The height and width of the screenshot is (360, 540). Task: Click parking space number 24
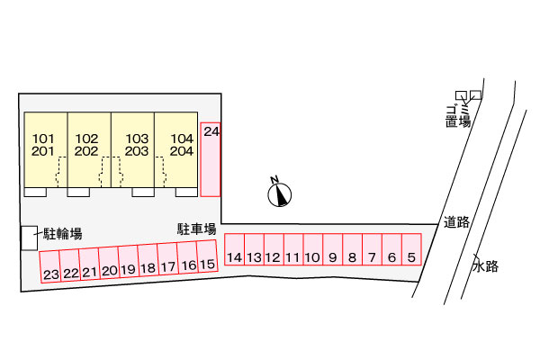[x=210, y=159]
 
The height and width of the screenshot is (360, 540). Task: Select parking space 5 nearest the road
[x=411, y=249]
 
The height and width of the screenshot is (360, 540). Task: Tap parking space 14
[x=235, y=249]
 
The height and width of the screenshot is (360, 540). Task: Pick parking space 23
[x=50, y=267]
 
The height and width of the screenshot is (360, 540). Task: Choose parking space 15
[x=207, y=256]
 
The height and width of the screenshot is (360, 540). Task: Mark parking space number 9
[x=333, y=249]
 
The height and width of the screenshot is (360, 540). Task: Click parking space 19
[x=129, y=262]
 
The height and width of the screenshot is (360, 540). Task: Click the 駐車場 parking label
[x=196, y=229]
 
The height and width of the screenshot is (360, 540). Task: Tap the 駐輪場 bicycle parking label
[x=63, y=234]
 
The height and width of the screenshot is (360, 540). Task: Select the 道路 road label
[x=456, y=222]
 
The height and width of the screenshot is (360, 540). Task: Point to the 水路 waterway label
[x=486, y=266]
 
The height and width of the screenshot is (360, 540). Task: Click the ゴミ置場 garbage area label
[x=458, y=116]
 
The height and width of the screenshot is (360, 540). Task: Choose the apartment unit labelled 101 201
[x=46, y=150]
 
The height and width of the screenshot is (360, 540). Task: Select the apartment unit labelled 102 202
[x=89, y=150]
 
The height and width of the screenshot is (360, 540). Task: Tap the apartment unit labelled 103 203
[x=133, y=150]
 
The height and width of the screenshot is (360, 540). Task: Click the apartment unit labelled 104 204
[x=176, y=150]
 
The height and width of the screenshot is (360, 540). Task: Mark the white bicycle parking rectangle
[x=30, y=238]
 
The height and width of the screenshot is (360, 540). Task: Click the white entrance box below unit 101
[x=35, y=193]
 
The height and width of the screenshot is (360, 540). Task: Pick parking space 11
[x=293, y=249]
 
